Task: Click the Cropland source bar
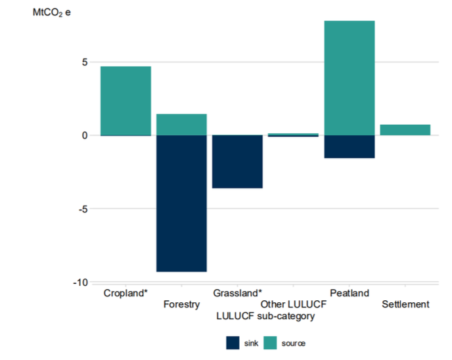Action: click(x=125, y=101)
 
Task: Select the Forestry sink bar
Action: click(x=181, y=203)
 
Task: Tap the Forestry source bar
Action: click(x=181, y=125)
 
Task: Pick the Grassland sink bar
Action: click(x=237, y=162)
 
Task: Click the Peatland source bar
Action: click(x=350, y=78)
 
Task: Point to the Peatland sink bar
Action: click(x=350, y=146)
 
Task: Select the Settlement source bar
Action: click(x=405, y=130)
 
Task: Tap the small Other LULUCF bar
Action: click(x=293, y=135)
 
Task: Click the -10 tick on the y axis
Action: click(x=81, y=282)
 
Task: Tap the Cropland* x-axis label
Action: click(x=125, y=293)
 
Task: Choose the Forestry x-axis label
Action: click(x=181, y=305)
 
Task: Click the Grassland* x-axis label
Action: click(x=237, y=293)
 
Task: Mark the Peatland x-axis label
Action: click(x=350, y=293)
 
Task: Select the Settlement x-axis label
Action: click(x=405, y=305)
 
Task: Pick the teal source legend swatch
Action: click(x=271, y=343)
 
